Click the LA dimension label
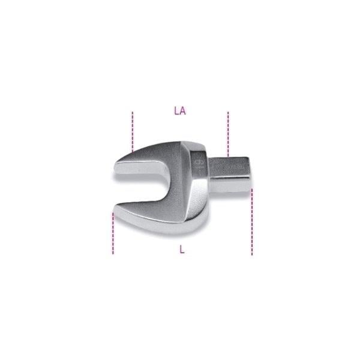tap(179, 110)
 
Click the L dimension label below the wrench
tap(182, 250)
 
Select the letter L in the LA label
tap(176, 110)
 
